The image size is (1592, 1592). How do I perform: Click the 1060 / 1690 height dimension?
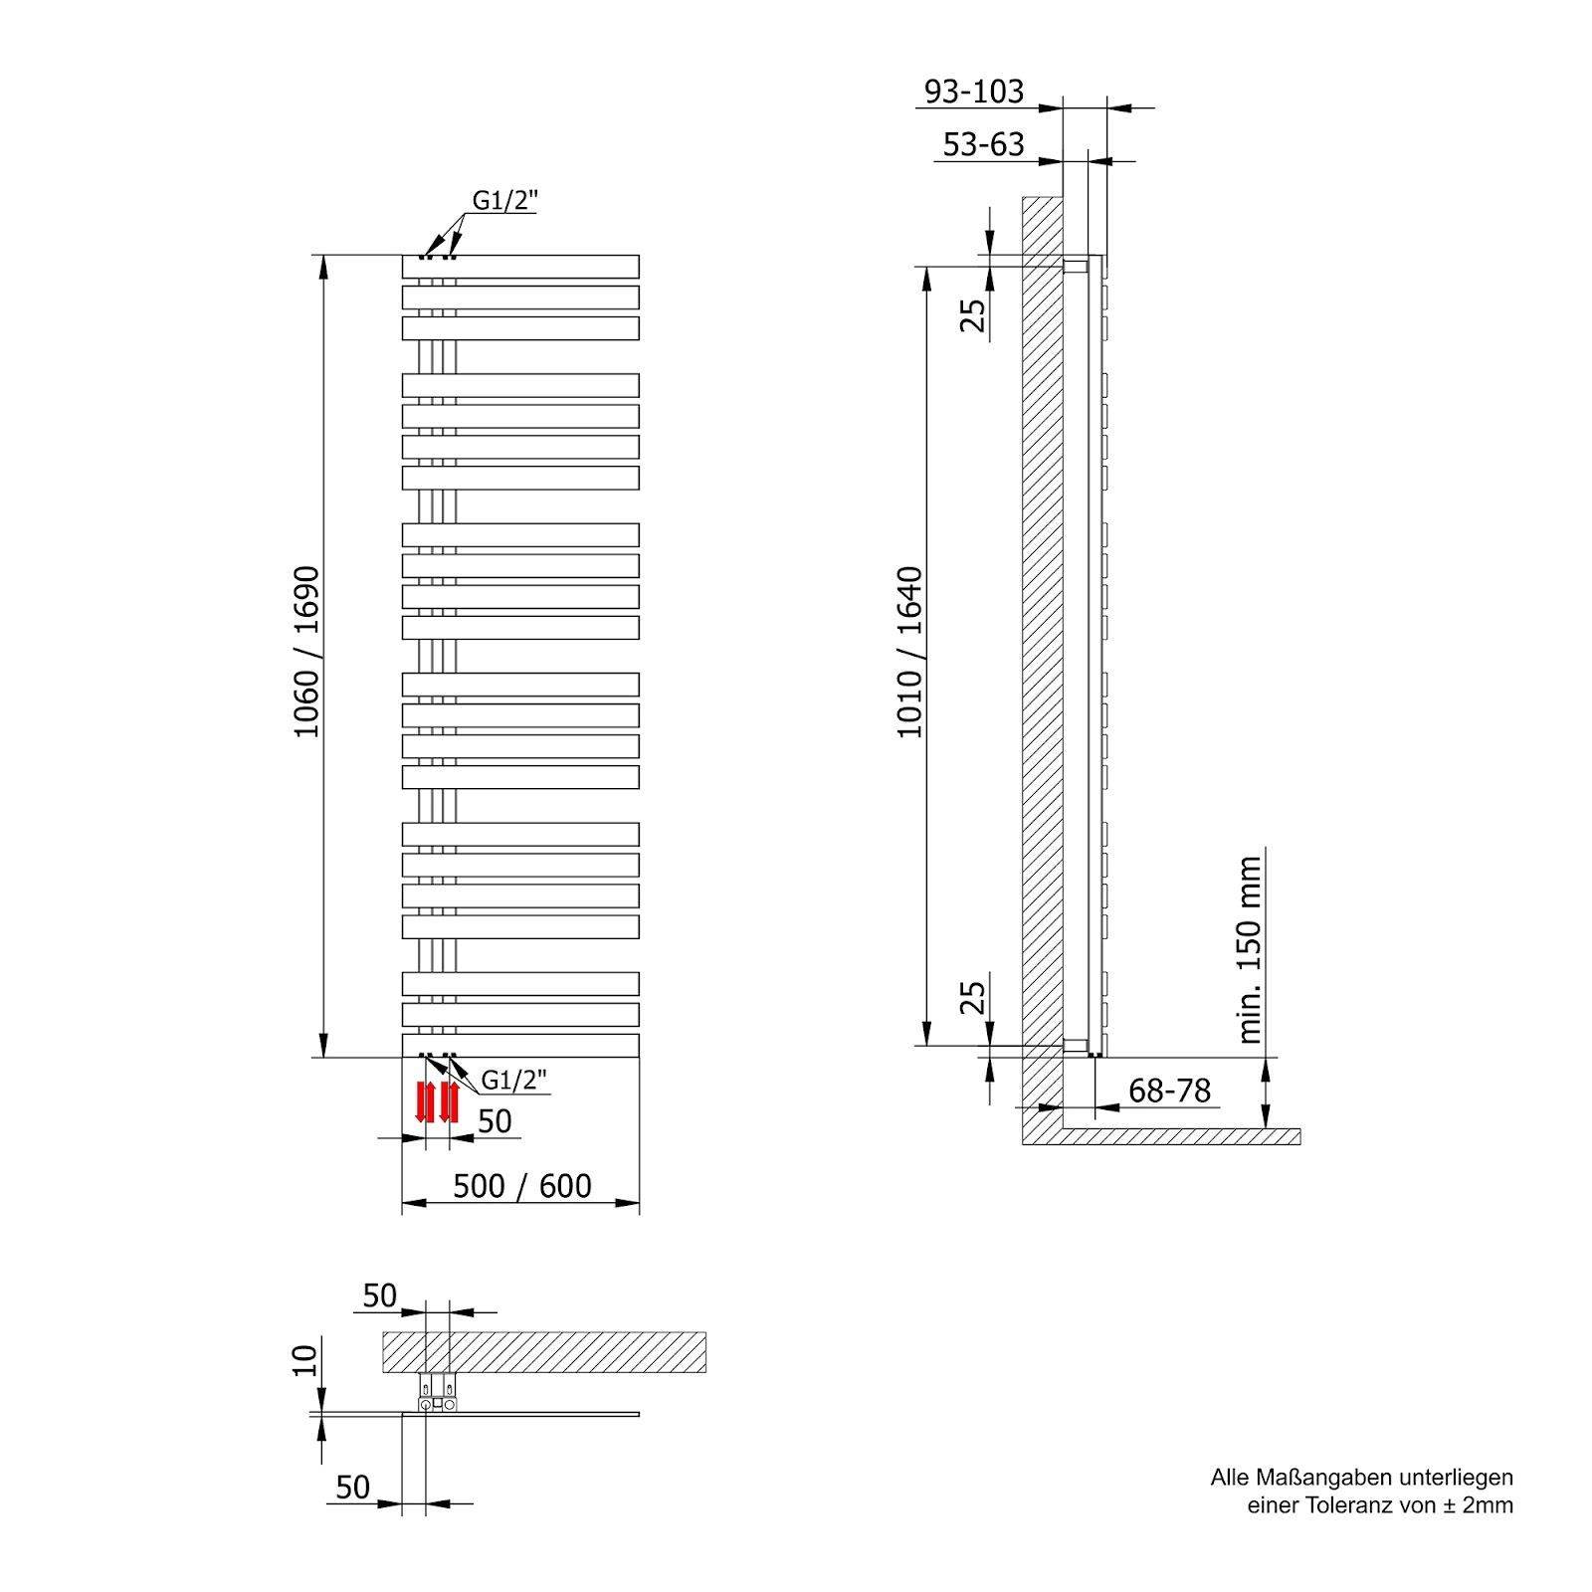pyautogui.click(x=306, y=652)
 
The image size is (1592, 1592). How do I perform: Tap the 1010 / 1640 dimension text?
pyautogui.click(x=909, y=652)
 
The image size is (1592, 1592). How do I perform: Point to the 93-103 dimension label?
pyautogui.click(x=973, y=91)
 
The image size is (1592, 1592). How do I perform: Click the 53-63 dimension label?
pyautogui.click(x=983, y=144)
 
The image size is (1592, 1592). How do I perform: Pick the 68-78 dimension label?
pyautogui.click(x=1169, y=1091)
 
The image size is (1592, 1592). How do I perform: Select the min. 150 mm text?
pyautogui.click(x=1250, y=949)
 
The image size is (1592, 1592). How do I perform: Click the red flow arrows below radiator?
pyautogui.click(x=437, y=1101)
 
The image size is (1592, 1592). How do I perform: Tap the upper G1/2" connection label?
pyautogui.click(x=504, y=200)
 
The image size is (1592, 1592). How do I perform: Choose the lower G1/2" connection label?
pyautogui.click(x=513, y=1080)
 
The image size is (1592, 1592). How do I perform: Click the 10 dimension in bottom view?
pyautogui.click(x=304, y=1358)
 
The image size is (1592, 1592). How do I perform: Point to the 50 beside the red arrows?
pyautogui.click(x=495, y=1121)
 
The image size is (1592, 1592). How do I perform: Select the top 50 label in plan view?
pyautogui.click(x=379, y=1295)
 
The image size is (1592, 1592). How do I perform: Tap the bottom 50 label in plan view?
pyautogui.click(x=352, y=1487)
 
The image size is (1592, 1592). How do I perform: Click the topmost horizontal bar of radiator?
pyautogui.click(x=520, y=267)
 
